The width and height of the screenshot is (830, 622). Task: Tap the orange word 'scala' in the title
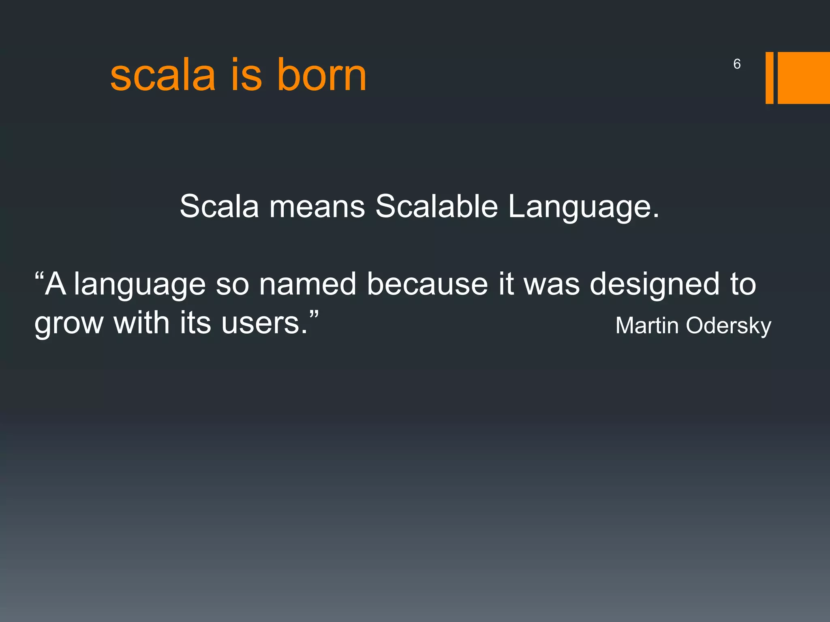tap(163, 76)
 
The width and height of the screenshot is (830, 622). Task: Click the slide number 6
tap(737, 64)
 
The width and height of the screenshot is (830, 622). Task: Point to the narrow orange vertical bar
tap(769, 78)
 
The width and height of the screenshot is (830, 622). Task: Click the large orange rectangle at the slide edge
tap(804, 78)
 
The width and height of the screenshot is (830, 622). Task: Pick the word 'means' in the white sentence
tap(317, 207)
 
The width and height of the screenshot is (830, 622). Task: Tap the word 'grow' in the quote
tap(69, 324)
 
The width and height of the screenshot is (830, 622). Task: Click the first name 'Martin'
tap(647, 326)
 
